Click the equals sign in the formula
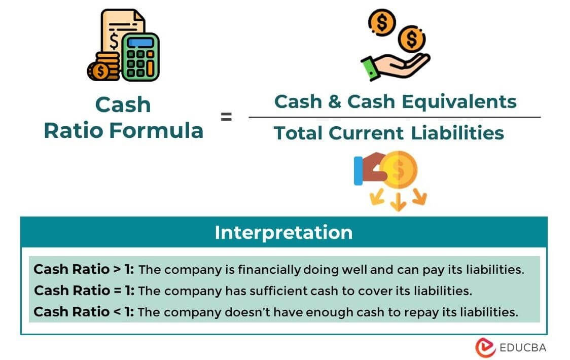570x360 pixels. [x=226, y=117]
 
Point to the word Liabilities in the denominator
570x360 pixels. [x=457, y=133]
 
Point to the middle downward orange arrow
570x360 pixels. [x=398, y=202]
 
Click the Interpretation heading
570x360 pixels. [x=283, y=232]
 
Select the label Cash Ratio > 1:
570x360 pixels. [x=84, y=269]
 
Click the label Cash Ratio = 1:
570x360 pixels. [x=84, y=291]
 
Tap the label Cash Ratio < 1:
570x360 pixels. [x=84, y=312]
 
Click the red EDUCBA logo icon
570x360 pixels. [x=485, y=347]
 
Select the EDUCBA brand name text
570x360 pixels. [x=522, y=347]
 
